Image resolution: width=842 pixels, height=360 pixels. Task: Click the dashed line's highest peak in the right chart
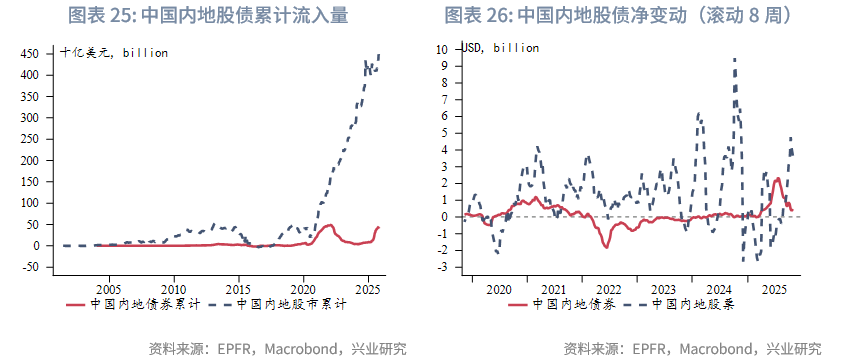[735, 59]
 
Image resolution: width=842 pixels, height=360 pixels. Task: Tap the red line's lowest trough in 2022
[607, 246]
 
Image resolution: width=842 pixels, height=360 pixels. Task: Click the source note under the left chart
[277, 349]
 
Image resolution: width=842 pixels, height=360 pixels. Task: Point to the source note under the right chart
[692, 349]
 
